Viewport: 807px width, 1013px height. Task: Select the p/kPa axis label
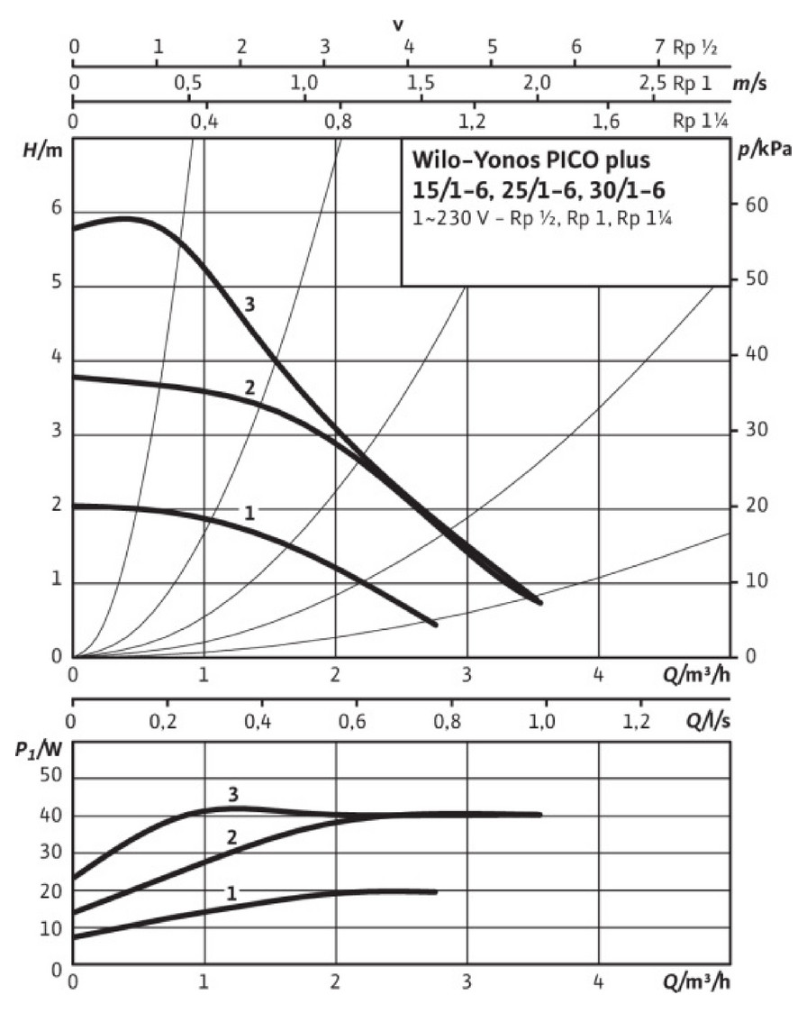767,150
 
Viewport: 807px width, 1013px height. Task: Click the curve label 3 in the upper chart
249,304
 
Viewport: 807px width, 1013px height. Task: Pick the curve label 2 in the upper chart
249,388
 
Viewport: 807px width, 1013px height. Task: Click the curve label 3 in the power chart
232,794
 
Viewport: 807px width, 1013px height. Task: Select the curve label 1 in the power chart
231,893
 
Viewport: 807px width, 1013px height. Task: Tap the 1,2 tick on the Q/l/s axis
640,720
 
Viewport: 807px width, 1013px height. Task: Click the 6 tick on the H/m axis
56,208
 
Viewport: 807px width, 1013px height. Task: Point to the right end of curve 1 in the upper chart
435,624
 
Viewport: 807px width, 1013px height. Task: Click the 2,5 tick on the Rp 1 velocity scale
652,84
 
